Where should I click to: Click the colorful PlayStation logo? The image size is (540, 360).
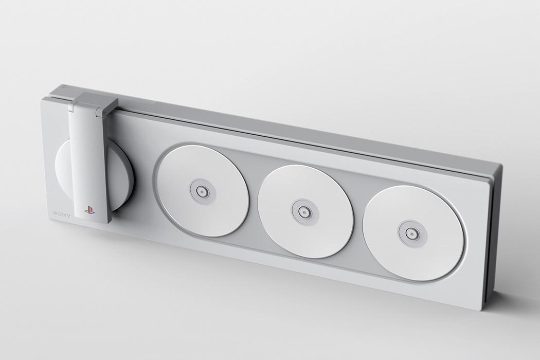coord(89,210)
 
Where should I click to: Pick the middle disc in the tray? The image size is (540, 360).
coord(304,211)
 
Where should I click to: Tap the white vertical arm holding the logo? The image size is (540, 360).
coord(88,165)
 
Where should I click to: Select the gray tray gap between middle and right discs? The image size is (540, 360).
coord(358,221)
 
